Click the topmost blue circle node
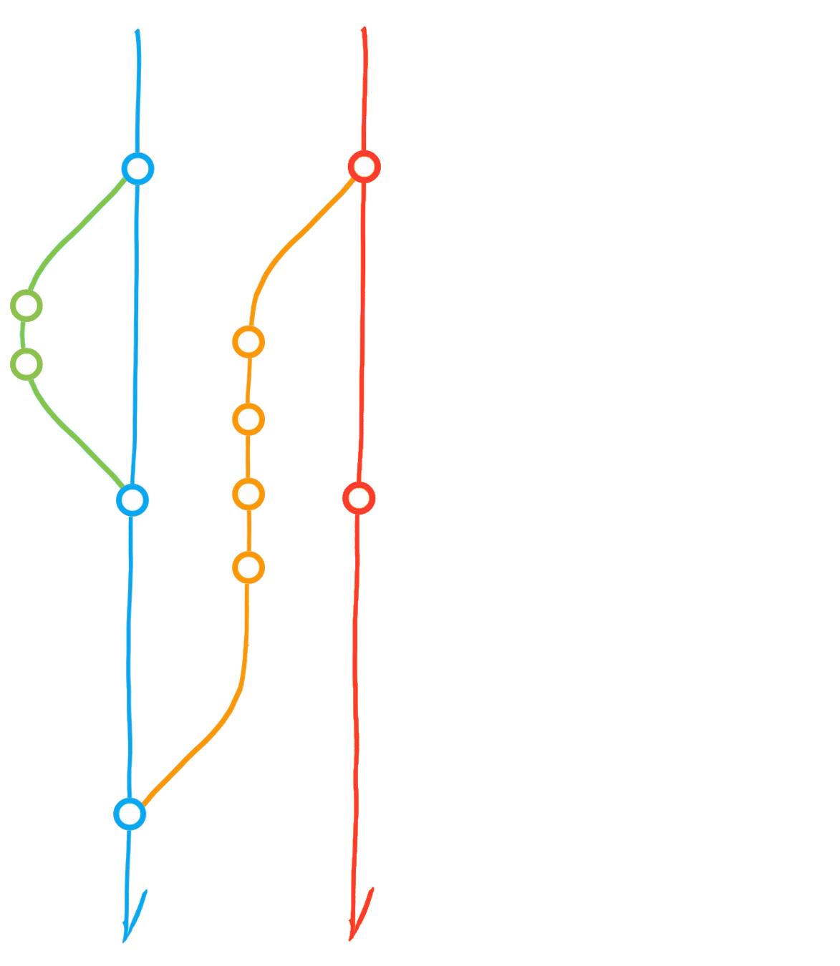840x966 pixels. (x=137, y=170)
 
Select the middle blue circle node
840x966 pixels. (x=132, y=499)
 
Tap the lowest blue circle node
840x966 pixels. (x=130, y=814)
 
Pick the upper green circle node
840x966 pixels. (x=26, y=306)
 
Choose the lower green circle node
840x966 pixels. (x=26, y=364)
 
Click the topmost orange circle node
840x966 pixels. (x=248, y=342)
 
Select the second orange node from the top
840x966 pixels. (x=248, y=419)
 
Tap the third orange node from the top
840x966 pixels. (x=248, y=494)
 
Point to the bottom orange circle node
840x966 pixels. (x=248, y=567)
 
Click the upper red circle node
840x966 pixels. (x=364, y=167)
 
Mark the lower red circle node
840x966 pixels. (x=359, y=497)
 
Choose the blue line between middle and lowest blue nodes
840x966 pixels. (x=131, y=658)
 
